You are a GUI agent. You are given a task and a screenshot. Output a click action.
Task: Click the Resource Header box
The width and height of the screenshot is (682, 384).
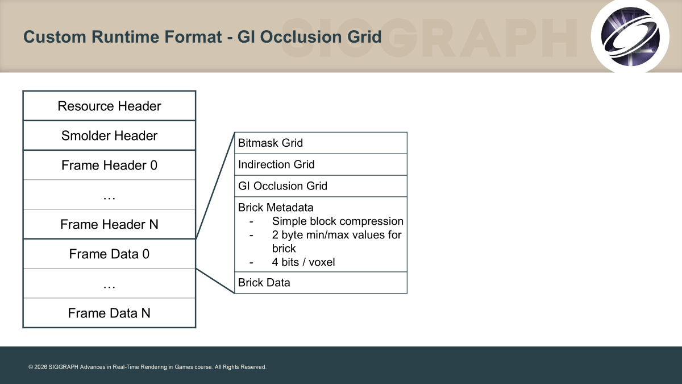(x=109, y=106)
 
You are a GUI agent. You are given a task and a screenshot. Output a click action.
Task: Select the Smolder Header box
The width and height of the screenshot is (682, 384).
(x=109, y=135)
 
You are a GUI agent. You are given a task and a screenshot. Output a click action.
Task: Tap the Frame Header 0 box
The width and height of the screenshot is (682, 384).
(x=109, y=165)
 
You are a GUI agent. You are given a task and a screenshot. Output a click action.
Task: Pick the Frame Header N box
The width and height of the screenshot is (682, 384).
(x=109, y=224)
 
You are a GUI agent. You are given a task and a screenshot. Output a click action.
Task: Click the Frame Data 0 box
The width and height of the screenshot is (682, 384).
(x=109, y=254)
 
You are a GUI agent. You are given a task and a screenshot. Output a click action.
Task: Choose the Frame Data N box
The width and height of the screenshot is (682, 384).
(x=109, y=313)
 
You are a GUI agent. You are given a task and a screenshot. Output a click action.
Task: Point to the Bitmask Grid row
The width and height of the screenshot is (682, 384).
(x=321, y=143)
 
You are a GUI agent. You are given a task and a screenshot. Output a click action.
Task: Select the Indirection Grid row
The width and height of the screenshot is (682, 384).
(x=321, y=164)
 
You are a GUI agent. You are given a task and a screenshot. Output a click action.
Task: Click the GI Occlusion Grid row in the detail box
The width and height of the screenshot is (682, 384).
(x=321, y=186)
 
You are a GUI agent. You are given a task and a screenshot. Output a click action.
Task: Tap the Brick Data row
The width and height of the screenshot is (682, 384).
(x=321, y=283)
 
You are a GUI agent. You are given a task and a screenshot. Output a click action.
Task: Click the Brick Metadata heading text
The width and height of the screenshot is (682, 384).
(x=276, y=208)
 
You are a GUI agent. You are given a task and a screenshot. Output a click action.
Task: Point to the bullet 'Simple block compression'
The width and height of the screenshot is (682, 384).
(x=338, y=221)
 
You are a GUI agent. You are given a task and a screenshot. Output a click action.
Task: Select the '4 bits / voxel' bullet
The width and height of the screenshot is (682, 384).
(x=303, y=262)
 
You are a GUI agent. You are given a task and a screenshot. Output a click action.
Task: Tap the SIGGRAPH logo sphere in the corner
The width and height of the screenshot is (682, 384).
(x=630, y=36)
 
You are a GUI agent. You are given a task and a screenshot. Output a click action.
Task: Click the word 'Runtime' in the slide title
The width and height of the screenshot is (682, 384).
(x=126, y=36)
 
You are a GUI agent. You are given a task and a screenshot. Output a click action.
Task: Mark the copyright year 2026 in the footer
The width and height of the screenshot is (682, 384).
(x=40, y=367)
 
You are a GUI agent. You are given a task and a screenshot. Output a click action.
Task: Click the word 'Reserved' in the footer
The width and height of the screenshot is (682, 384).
(x=253, y=367)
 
